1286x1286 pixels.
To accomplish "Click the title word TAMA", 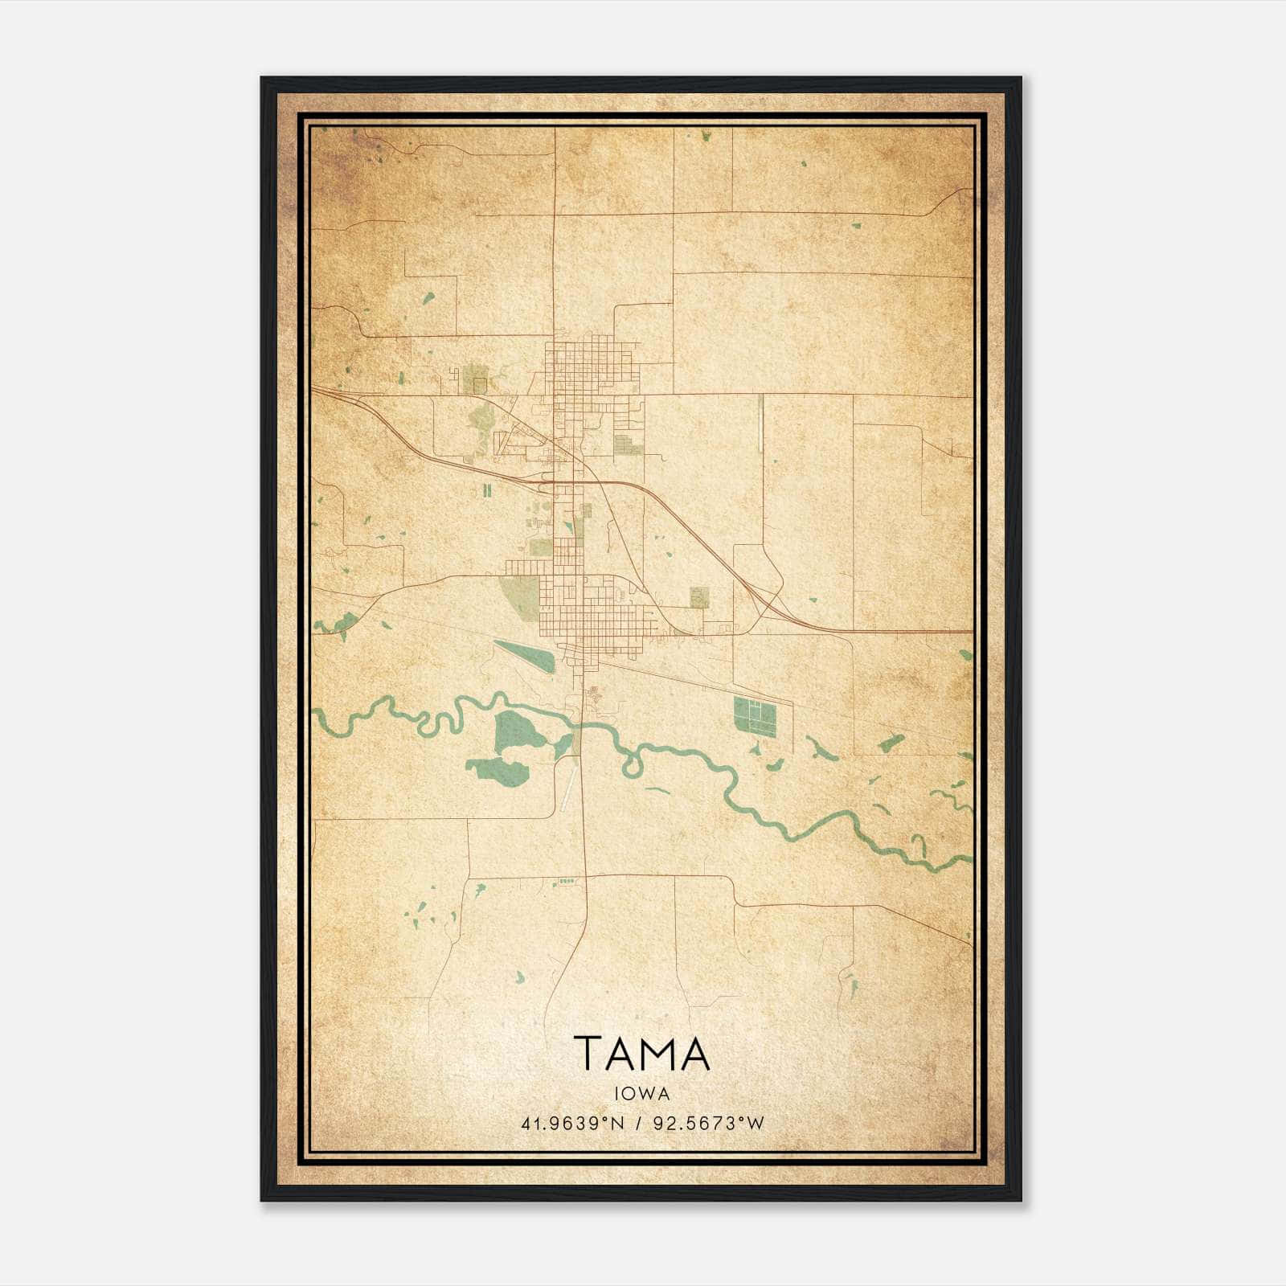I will pos(642,1053).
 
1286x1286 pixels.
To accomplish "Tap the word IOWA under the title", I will pos(642,1093).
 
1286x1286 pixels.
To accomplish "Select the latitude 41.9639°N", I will pos(572,1124).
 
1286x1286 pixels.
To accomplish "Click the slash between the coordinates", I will pos(637,1124).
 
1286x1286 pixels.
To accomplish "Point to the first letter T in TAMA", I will pos(586,1053).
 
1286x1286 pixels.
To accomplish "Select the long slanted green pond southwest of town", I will pos(524,656).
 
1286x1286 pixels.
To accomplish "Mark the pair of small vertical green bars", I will pos(486,490).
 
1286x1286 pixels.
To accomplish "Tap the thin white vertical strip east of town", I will pos(760,422).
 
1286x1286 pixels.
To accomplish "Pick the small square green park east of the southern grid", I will pos(698,596).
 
